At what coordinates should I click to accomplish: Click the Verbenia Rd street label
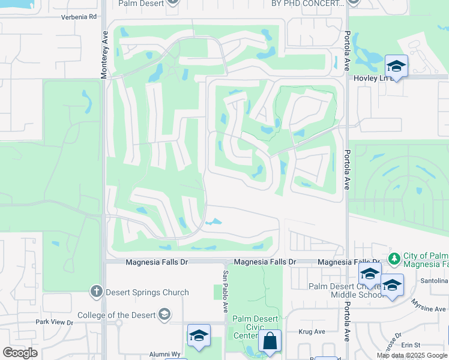79,17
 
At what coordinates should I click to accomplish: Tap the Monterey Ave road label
104,54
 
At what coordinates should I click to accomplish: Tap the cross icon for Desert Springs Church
96,292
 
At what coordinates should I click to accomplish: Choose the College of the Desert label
116,314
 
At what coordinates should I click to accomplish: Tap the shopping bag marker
270,341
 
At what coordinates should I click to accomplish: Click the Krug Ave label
312,331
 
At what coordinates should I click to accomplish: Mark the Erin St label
412,344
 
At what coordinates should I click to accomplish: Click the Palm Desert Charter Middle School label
346,290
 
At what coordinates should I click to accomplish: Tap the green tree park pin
394,259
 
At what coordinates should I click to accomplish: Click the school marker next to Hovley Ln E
396,65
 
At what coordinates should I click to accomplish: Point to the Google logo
20,353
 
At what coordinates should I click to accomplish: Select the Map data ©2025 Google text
412,355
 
